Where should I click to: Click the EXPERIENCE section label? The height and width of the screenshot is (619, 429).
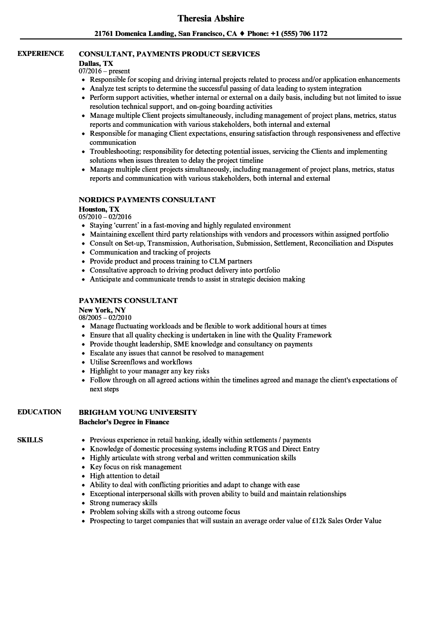40,53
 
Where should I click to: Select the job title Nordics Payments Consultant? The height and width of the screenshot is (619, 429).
147,200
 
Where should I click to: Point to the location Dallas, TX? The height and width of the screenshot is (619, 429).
96,63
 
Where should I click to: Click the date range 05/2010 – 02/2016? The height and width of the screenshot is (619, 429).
105,217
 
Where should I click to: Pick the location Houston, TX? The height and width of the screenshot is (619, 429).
99,209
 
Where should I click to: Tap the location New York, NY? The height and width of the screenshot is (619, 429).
102,309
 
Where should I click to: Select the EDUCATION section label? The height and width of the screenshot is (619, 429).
39,412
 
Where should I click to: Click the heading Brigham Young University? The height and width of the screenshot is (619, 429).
138,412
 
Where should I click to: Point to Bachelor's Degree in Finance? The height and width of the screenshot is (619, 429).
124,422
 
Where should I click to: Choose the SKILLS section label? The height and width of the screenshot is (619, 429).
30,440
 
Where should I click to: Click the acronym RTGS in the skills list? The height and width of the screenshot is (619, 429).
256,449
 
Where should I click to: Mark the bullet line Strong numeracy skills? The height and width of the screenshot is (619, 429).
123,503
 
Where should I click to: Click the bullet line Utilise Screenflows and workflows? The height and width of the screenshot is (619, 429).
141,362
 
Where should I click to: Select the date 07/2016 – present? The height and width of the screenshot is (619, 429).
104,71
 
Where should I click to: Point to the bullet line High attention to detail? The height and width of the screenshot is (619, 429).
125,476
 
